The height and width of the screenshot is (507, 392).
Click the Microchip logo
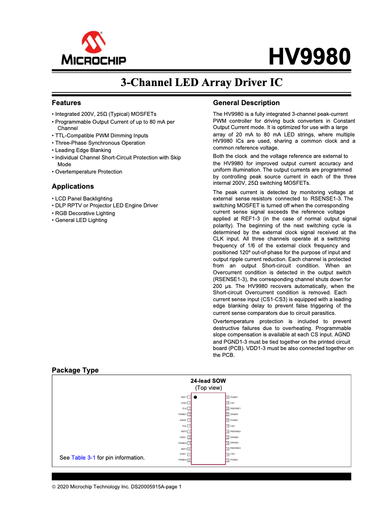click(93, 49)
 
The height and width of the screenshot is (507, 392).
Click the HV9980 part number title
click(310, 57)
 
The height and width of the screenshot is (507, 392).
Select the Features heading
click(66, 103)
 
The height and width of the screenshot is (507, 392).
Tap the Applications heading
click(73, 186)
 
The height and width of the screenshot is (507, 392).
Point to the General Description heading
click(246, 103)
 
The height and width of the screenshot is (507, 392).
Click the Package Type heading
click(75, 370)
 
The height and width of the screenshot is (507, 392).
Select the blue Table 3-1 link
click(83, 458)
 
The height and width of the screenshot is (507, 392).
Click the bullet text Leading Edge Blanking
click(83, 150)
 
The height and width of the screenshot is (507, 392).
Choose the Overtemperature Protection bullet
click(88, 172)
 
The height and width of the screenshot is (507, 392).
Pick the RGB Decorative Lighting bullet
click(85, 213)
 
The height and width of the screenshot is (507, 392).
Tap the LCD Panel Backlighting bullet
click(83, 198)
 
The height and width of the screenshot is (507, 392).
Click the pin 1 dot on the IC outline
click(195, 397)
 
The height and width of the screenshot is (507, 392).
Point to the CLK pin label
click(184, 408)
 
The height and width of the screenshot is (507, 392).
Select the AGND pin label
click(183, 420)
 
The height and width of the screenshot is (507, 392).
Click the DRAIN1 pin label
click(234, 414)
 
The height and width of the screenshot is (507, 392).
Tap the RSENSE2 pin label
click(235, 432)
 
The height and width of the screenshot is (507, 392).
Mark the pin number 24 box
click(227, 397)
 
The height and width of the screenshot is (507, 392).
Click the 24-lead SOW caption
click(208, 381)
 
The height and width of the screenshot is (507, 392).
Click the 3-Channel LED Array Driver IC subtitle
click(201, 82)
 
